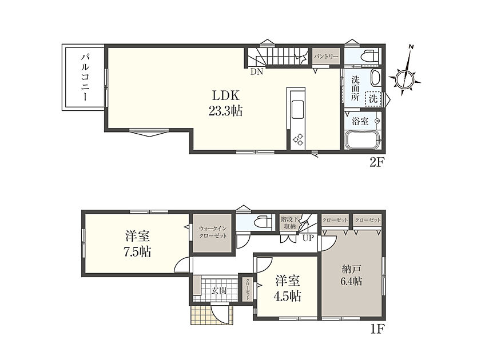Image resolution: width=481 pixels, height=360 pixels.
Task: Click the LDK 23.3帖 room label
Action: click(x=225, y=103)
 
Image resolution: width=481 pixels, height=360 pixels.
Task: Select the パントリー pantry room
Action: click(x=326, y=57)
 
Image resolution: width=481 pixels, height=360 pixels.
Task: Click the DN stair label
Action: click(x=257, y=72)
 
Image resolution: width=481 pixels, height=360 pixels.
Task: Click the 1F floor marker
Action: click(x=377, y=329)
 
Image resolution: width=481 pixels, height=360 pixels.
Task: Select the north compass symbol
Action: click(x=404, y=78)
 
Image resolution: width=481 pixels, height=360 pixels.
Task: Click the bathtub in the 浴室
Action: click(x=363, y=140)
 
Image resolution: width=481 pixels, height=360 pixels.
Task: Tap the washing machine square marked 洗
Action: click(x=373, y=99)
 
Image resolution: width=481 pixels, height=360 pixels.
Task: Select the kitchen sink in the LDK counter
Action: click(x=297, y=109)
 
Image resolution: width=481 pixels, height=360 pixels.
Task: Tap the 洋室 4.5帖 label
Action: click(x=288, y=289)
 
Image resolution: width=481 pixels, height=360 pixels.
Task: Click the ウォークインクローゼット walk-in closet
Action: click(x=213, y=233)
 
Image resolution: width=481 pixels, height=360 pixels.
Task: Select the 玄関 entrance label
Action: click(x=219, y=290)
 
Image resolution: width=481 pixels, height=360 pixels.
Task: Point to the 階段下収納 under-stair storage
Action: click(x=289, y=223)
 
